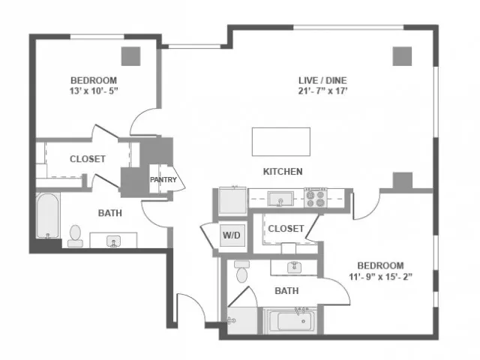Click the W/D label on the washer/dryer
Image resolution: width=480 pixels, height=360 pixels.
(x=232, y=235)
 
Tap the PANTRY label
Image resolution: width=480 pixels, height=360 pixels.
(x=163, y=180)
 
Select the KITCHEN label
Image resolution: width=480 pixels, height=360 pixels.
(x=283, y=172)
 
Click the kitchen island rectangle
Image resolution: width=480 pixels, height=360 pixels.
(x=281, y=142)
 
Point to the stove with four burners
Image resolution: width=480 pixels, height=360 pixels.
(x=315, y=198)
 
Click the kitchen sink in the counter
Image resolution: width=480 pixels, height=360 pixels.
(x=280, y=199)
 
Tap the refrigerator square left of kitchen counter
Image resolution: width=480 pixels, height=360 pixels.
(x=232, y=201)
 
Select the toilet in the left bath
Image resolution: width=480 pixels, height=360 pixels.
(x=75, y=236)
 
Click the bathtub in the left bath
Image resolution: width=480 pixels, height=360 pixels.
(x=47, y=216)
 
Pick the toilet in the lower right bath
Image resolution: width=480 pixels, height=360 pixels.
(x=241, y=271)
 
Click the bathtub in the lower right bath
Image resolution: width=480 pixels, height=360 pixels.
(x=290, y=321)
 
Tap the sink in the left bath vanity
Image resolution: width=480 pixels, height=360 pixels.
(x=113, y=241)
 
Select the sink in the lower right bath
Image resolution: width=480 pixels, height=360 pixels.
(x=295, y=267)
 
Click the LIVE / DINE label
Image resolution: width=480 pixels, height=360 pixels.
(x=322, y=80)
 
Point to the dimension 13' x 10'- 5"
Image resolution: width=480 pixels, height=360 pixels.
(x=94, y=91)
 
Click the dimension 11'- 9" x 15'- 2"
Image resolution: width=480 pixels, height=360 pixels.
(x=380, y=277)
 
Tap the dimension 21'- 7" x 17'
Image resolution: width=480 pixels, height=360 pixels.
(x=322, y=91)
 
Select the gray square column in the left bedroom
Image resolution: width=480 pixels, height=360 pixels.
(x=131, y=56)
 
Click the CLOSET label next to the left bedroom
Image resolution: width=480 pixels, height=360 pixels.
(x=88, y=159)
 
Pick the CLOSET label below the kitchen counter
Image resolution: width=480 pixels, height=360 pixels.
(x=286, y=229)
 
